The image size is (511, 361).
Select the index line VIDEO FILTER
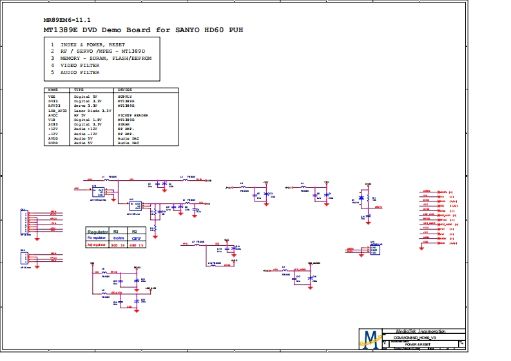[x=80, y=65]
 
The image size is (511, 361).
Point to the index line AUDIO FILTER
[x=80, y=73]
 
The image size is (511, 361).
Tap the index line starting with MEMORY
[x=106, y=58]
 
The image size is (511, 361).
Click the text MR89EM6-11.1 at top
[x=67, y=19]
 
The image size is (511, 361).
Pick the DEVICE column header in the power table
[x=124, y=89]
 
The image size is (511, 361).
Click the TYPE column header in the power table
[x=79, y=89]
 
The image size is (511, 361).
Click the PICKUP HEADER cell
[x=133, y=116]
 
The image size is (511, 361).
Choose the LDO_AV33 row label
[x=57, y=111]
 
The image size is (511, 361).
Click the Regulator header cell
[x=97, y=231]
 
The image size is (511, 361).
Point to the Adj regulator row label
[x=96, y=245]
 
